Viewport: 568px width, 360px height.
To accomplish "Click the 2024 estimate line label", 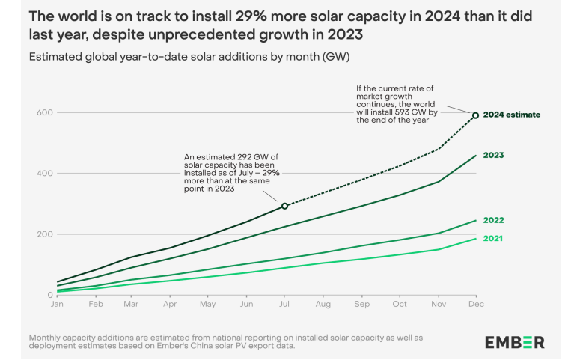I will point(511,115).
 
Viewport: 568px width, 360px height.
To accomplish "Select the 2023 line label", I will point(493,155).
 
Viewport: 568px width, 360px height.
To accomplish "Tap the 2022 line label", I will point(493,220).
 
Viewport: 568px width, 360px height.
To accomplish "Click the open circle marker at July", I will point(284,206).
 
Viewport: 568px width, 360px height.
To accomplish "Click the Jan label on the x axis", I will point(56,305).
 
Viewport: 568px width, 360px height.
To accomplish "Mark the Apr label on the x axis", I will point(170,305).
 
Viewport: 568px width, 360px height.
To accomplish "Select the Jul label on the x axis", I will point(284,305).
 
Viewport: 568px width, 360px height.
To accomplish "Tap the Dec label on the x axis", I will point(474,305).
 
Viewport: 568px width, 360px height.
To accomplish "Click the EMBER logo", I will point(514,342).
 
